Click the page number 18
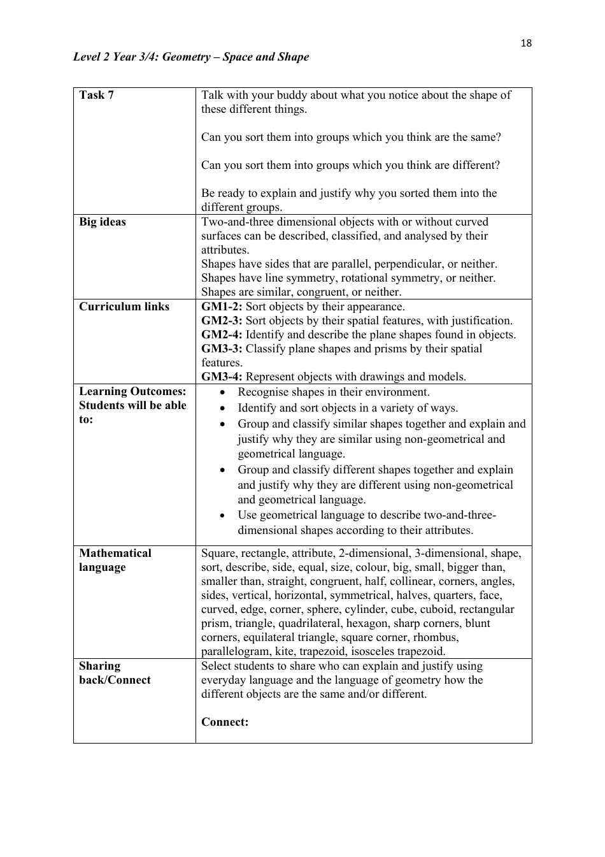pos(525,43)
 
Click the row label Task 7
pos(96,95)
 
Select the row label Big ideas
pos(103,222)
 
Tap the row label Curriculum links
pos(124,306)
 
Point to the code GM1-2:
pos(222,306)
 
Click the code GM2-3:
pos(222,320)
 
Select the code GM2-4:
pos(222,335)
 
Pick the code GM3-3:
pos(222,349)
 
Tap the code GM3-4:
pos(222,377)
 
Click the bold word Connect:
pos(225,722)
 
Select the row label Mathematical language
pos(115,560)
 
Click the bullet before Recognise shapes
pos(222,392)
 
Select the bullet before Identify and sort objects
pos(222,408)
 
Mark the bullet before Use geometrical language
pos(222,515)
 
